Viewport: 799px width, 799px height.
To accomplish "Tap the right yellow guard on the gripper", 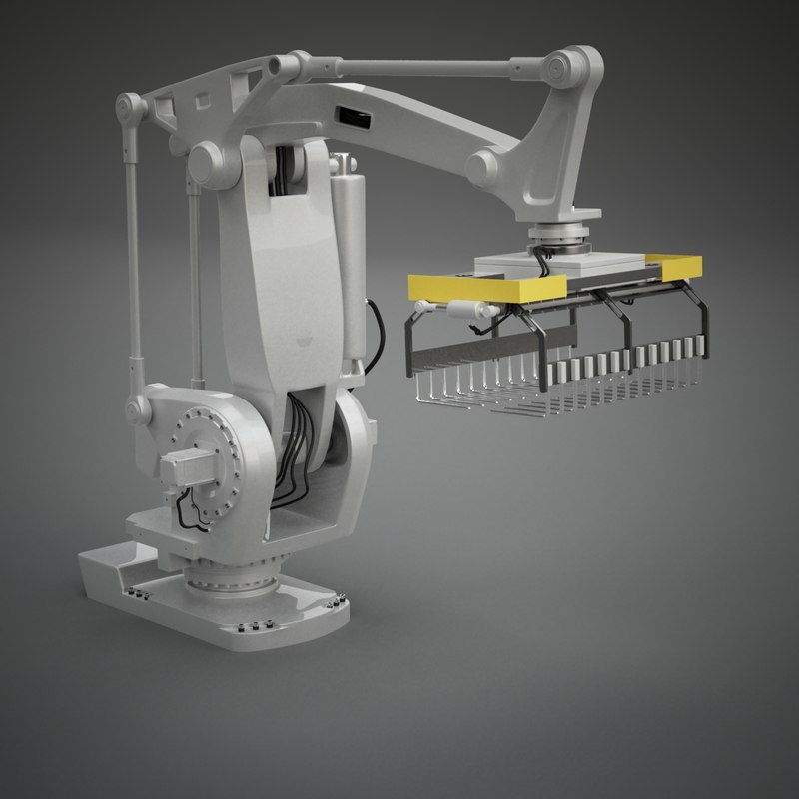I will [x=679, y=266].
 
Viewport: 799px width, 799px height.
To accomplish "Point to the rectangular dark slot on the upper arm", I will [x=351, y=116].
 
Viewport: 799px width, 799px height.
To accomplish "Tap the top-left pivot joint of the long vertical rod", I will [x=128, y=105].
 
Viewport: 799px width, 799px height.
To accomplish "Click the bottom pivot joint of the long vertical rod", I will [x=135, y=408].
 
